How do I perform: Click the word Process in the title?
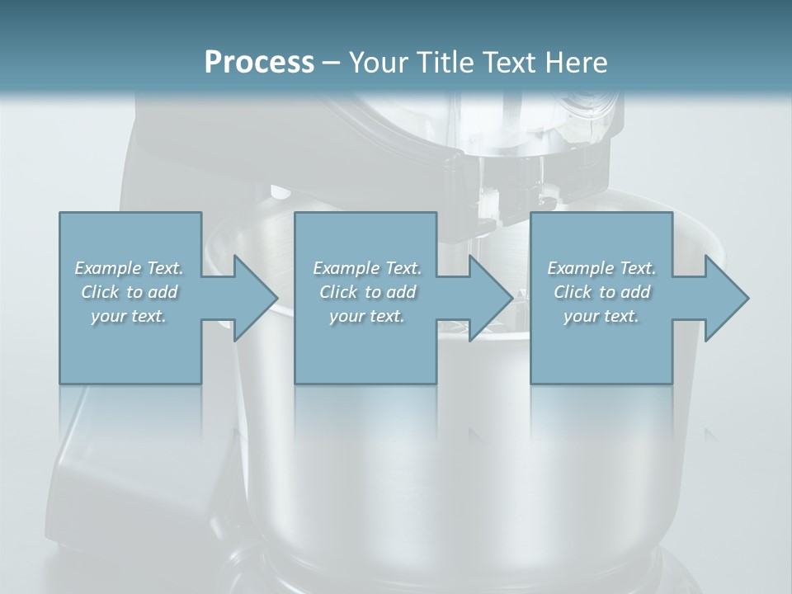point(259,62)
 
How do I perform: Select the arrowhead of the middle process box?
point(489,298)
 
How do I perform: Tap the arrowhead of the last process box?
point(724,298)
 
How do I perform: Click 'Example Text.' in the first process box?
point(129,268)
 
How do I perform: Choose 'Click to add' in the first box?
point(129,292)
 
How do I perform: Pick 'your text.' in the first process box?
point(129,316)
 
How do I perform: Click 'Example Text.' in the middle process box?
point(366,268)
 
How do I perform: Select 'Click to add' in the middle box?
point(366,292)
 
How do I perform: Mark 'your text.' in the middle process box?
point(366,316)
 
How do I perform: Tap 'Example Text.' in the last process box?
point(601,268)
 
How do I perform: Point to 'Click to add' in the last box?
point(601,292)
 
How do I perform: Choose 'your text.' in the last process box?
point(601,316)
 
